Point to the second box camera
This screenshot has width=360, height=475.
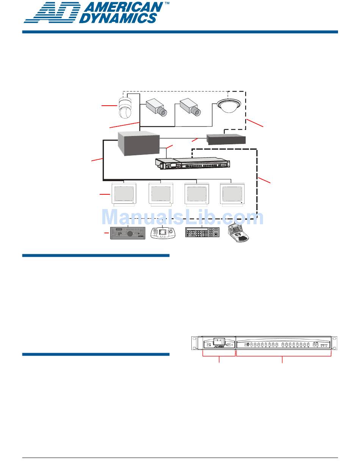(190, 106)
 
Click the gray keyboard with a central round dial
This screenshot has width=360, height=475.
(128, 233)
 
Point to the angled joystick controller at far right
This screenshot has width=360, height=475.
(239, 233)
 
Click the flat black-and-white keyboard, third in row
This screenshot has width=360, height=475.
(202, 232)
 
